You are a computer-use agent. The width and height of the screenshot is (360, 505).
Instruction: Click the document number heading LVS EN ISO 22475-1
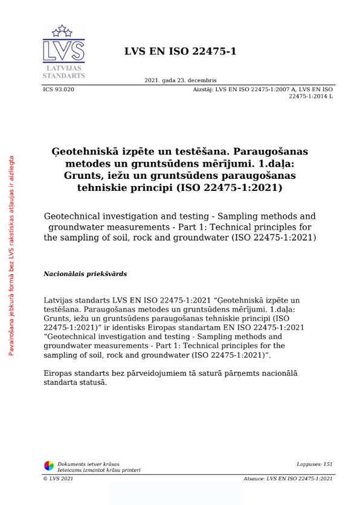180,51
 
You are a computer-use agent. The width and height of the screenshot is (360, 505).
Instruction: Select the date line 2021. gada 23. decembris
180,80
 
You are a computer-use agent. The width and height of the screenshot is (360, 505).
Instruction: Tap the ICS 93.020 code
59,89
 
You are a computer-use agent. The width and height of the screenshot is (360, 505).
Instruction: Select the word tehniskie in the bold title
105,187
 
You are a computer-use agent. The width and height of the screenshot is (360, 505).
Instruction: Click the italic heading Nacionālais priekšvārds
85,274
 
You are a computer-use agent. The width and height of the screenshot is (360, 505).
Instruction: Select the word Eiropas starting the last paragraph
59,374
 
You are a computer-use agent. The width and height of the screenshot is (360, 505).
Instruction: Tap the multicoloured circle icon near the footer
49,465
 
